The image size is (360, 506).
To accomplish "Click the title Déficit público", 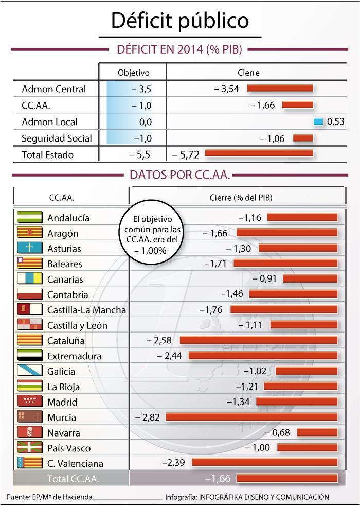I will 180,20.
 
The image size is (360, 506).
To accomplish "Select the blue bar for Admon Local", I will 318,121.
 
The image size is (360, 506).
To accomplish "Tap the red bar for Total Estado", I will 259,153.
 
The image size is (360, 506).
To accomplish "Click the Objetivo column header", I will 133,73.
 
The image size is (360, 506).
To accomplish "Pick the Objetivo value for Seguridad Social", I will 141,138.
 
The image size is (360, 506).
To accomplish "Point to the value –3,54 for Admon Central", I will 227,89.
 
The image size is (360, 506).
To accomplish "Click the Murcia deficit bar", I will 251,417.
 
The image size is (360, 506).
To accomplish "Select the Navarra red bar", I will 317,432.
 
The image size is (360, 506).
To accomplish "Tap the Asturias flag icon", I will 30,248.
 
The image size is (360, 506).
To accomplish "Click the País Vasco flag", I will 30,447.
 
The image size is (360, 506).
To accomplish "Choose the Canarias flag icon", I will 30,279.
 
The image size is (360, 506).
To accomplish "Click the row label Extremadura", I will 75,356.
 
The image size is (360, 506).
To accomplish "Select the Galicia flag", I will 30,371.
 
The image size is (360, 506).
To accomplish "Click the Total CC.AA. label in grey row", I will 73,479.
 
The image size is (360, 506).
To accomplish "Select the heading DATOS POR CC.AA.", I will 179,175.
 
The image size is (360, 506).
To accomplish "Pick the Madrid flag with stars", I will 30,402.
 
